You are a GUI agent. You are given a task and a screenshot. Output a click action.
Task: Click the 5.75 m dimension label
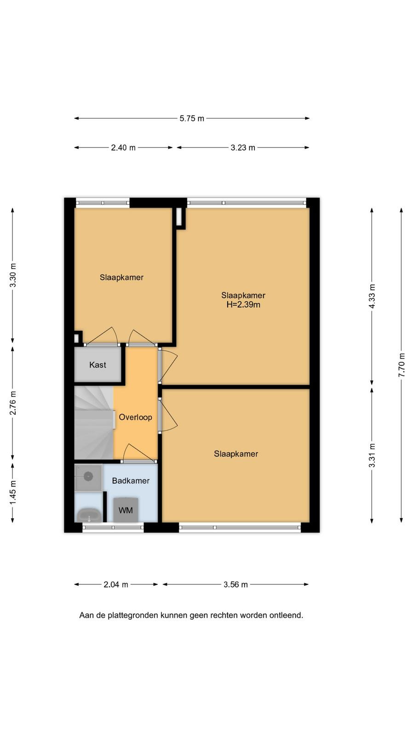point(192,119)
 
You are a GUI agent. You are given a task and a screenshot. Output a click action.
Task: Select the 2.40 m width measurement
point(123,147)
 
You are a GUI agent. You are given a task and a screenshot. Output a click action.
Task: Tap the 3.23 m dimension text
point(243,147)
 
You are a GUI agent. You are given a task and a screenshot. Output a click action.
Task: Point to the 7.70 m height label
point(402,365)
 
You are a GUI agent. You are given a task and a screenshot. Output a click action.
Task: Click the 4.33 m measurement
point(372,296)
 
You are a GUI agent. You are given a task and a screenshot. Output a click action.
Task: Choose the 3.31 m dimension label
point(372,455)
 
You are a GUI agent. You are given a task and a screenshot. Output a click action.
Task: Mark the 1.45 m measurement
point(13,493)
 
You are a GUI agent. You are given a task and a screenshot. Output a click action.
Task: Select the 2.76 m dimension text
point(13,403)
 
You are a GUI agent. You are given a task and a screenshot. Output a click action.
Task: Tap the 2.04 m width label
point(116,584)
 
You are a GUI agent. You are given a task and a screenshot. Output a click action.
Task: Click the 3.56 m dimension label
point(236,584)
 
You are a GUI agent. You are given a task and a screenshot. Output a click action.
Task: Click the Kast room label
point(98,365)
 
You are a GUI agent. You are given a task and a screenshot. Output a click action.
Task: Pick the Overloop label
point(135,418)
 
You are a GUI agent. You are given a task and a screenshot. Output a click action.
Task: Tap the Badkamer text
point(131,481)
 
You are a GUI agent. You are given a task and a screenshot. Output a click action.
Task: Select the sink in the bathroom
point(89,515)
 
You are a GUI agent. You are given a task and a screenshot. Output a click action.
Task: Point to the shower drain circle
point(88,476)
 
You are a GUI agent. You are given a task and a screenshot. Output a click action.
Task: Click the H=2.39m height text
point(243,305)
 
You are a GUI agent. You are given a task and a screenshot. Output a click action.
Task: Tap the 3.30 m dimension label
point(13,275)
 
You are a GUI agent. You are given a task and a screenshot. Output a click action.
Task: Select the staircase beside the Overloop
point(94,423)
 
